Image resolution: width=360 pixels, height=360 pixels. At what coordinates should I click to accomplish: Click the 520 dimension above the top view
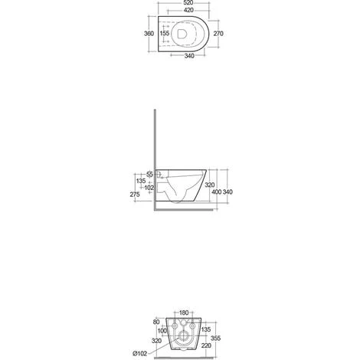coord(188,3)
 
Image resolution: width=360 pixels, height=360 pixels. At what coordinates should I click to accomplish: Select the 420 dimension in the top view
coord(188,10)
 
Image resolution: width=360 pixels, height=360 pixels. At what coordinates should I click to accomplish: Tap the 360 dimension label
coord(149,34)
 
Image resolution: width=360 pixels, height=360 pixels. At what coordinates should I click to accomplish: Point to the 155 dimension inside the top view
coord(165,33)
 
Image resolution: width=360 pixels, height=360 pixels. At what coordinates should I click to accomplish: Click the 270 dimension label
coord(218,34)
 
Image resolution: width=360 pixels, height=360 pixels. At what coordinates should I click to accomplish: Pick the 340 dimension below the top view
coord(189,56)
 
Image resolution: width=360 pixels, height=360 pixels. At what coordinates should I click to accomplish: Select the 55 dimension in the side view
coord(150,175)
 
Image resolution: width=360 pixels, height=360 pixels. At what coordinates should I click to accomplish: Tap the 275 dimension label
coord(135,195)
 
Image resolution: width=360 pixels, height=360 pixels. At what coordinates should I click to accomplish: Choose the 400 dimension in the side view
coord(217,192)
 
